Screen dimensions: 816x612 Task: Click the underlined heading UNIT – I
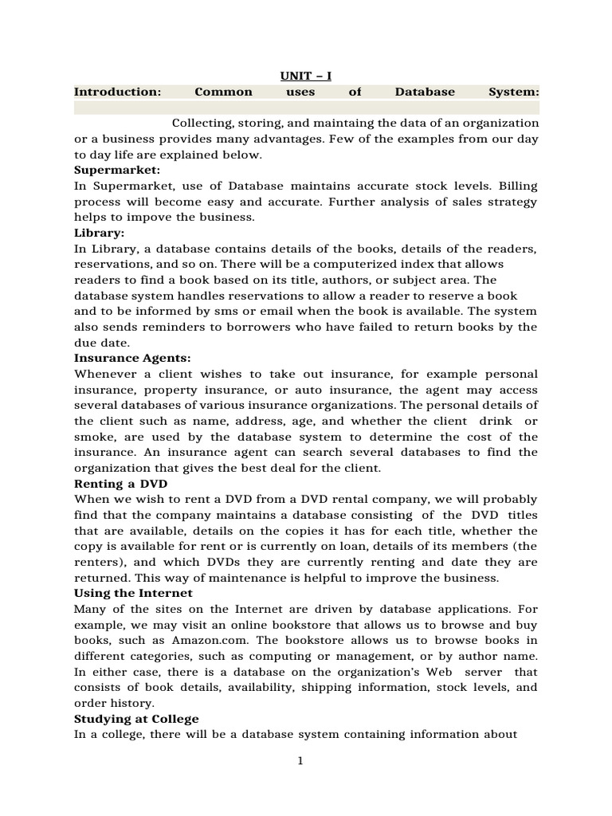click(305, 76)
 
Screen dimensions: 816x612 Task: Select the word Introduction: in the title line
click(117, 92)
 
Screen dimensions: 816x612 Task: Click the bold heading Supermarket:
click(117, 171)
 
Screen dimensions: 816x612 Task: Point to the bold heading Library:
click(100, 233)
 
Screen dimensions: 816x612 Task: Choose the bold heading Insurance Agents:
click(132, 359)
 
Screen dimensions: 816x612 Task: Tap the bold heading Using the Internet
click(133, 594)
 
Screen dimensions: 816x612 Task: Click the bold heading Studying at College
click(136, 719)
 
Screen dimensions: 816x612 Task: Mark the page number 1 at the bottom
click(300, 761)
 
